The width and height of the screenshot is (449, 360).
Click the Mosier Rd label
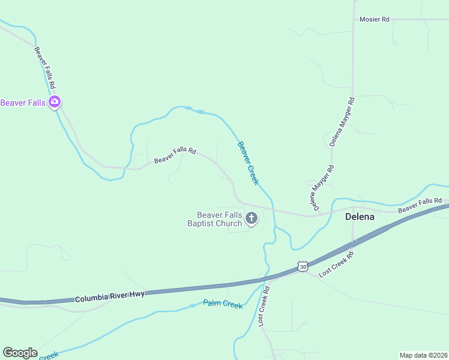coord(374,20)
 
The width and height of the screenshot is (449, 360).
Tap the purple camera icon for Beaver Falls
coord(55,102)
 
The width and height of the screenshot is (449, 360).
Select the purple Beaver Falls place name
coord(23,103)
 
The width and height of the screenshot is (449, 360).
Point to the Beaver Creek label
coord(248,163)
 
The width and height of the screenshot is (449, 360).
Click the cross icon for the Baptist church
coord(252,218)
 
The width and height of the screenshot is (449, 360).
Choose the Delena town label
coord(360,217)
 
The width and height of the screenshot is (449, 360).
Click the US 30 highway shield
coord(302,266)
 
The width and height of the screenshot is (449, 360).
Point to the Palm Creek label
coord(223,304)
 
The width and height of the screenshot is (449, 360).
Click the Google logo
coord(20,353)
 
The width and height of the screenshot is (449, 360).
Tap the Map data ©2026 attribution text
coord(424,355)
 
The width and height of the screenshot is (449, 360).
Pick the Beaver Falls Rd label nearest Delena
coord(420,205)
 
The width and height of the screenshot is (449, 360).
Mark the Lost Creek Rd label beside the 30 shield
coord(337,264)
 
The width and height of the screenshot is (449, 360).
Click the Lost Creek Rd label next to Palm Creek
coord(264,306)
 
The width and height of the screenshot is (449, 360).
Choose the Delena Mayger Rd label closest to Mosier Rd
coord(342,122)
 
